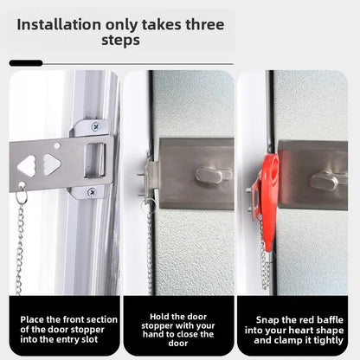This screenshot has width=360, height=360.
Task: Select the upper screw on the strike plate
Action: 94,126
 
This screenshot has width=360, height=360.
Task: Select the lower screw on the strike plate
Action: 92,191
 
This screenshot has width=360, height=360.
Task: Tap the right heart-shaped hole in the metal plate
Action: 51,164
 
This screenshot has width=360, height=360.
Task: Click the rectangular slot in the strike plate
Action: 98,159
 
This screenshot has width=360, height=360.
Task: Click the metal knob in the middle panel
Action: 210,176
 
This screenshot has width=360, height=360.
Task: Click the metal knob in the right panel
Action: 325,179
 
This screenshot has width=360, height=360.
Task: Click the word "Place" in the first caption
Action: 34,319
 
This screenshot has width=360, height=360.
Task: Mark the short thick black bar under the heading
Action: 25,63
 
